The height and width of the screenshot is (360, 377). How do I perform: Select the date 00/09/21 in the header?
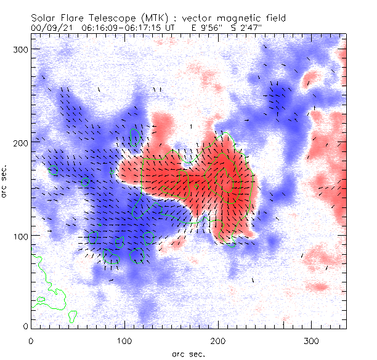coord(51,28)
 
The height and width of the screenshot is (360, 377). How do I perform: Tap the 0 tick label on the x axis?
coord(31,340)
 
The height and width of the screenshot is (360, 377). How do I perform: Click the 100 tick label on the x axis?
coord(124,340)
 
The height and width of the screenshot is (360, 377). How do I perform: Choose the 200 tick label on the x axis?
coord(218,340)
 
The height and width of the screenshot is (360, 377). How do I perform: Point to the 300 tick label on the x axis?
coord(312,340)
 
